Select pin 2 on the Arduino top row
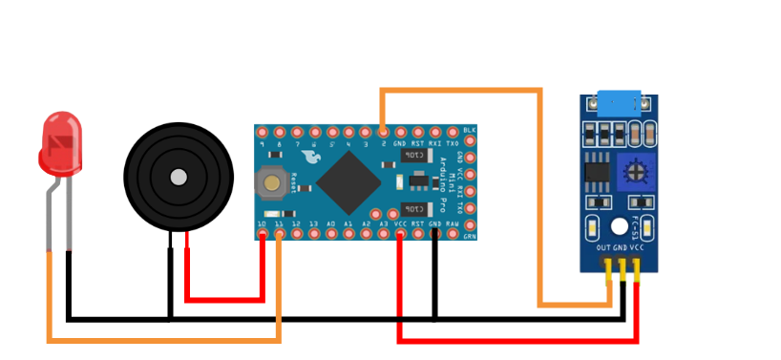[x=383, y=131]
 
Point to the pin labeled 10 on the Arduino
[x=263, y=233]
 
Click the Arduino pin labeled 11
[x=280, y=233]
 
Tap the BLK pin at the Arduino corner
[x=469, y=130]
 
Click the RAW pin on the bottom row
[x=452, y=233]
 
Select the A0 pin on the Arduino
[x=331, y=233]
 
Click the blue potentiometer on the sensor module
[x=631, y=172]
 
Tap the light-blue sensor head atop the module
[x=619, y=100]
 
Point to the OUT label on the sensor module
[x=603, y=248]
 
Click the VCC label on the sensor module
[x=637, y=248]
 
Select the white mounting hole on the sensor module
[x=620, y=227]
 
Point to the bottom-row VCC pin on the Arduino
[x=400, y=233]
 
